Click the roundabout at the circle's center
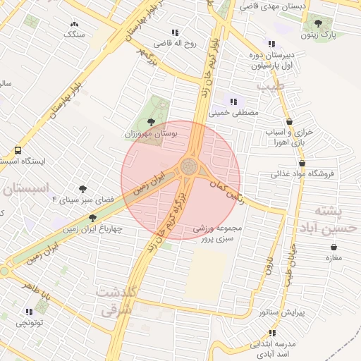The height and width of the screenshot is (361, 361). pos(188,167)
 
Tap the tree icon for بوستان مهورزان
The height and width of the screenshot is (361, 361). pos(149,122)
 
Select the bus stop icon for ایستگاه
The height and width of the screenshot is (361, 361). pos(18,150)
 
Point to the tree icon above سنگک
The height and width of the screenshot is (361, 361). pos(74,23)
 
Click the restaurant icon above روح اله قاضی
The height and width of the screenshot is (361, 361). pos(175,32)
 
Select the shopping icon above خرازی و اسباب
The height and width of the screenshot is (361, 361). pos(289,121)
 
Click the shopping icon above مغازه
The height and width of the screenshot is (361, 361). pos(333,247)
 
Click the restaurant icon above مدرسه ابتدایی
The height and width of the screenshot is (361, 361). pos(272,333)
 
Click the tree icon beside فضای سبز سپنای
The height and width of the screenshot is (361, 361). pos(83,189)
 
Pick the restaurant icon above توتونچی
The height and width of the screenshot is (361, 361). pos(29,312)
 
